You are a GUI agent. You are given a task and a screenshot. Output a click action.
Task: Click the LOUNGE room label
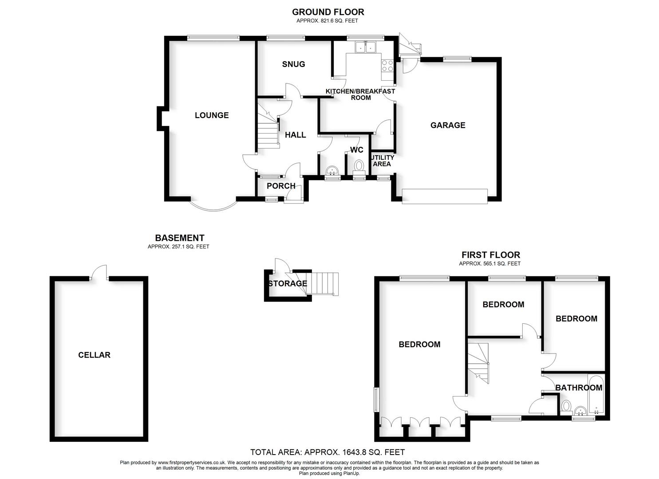(x=212, y=115)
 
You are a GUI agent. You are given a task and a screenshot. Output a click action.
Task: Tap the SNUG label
(x=293, y=64)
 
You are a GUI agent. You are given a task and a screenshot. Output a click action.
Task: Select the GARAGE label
(x=448, y=126)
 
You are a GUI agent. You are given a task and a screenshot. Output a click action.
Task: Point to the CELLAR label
(x=94, y=355)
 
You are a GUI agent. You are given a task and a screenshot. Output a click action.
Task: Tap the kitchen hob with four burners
(x=387, y=66)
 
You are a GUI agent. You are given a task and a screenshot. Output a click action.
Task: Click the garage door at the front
(x=445, y=196)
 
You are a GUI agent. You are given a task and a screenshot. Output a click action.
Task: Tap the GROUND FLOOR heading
(x=328, y=12)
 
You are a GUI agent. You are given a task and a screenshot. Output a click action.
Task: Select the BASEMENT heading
(x=179, y=238)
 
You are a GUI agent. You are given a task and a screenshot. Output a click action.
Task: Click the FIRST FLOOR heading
(x=490, y=255)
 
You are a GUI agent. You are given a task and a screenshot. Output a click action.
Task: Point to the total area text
(x=328, y=452)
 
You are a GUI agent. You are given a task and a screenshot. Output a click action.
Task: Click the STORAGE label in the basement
(x=287, y=283)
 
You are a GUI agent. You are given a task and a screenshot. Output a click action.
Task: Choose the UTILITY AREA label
(x=382, y=161)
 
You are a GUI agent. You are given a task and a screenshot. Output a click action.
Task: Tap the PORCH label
(x=281, y=186)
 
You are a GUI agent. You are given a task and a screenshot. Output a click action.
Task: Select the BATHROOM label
(x=579, y=388)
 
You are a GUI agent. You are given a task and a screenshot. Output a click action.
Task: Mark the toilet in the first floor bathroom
(x=566, y=406)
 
